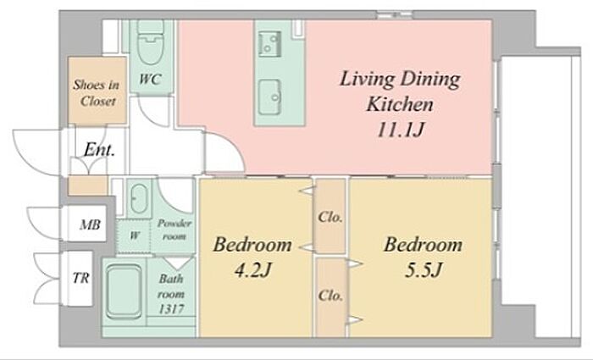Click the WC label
tap(151, 79)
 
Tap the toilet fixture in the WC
tap(150, 42)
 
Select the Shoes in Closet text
tap(97, 92)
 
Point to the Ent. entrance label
tap(99, 149)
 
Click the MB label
tap(90, 225)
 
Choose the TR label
tap(81, 278)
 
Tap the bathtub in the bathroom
tap(124, 291)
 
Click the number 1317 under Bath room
tap(171, 309)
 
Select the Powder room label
tap(174, 230)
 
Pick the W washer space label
tap(134, 235)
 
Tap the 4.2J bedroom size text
tap(252, 270)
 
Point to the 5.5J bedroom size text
tap(423, 270)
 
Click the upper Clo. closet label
tap(330, 217)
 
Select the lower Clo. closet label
tap(330, 295)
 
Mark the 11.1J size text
tap(400, 130)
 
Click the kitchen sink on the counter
tap(270, 97)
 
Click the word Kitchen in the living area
tap(400, 104)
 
